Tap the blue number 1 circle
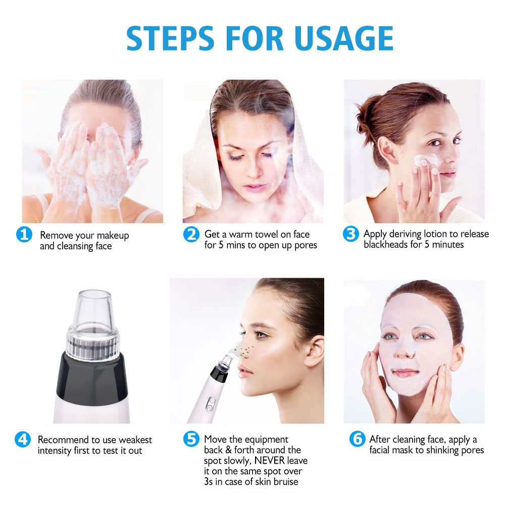(24, 235)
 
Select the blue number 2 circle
(190, 234)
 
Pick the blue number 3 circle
(350, 234)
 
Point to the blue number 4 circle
(23, 439)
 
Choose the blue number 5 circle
(190, 439)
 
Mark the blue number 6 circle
(357, 439)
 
